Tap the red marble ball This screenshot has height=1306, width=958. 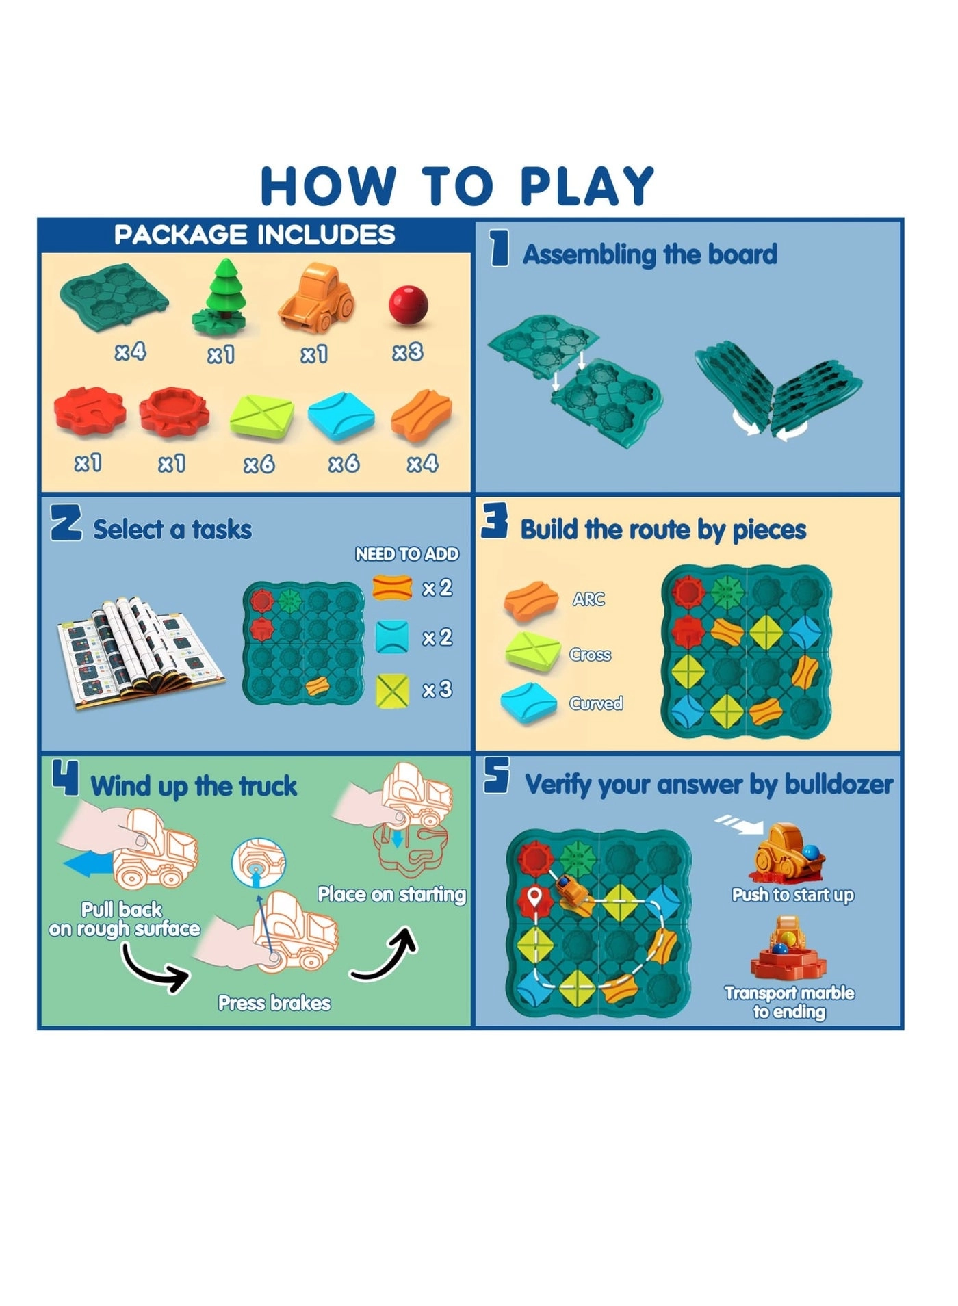pyautogui.click(x=409, y=304)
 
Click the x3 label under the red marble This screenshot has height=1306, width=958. pyautogui.click(x=408, y=352)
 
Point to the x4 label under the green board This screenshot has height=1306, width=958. pyautogui.click(x=130, y=352)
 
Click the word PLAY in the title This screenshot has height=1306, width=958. pyautogui.click(x=586, y=186)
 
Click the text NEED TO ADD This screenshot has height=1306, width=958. pyautogui.click(x=406, y=554)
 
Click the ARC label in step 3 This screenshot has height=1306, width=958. pyautogui.click(x=588, y=599)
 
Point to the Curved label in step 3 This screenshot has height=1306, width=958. pyautogui.click(x=596, y=703)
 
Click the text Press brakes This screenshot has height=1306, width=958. pyautogui.click(x=274, y=1003)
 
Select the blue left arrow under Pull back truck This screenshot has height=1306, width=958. pyautogui.click(x=87, y=865)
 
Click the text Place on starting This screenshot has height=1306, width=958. pyautogui.click(x=391, y=894)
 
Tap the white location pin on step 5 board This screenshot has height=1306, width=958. pyautogui.click(x=534, y=896)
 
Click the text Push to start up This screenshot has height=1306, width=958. pyautogui.click(x=792, y=895)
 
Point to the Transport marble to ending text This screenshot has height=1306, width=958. pyautogui.click(x=789, y=1002)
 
